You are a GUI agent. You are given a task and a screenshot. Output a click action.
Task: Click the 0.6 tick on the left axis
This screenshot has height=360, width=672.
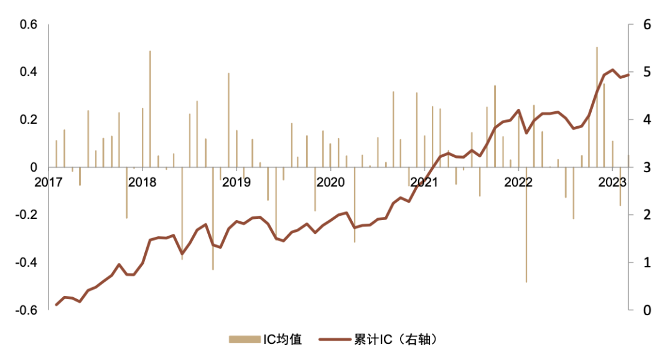pyautogui.click(x=29, y=25)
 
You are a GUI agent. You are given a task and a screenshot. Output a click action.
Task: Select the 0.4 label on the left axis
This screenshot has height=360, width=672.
pyautogui.click(x=29, y=72)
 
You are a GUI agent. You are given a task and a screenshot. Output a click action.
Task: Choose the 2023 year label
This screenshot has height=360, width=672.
pyautogui.click(x=612, y=182)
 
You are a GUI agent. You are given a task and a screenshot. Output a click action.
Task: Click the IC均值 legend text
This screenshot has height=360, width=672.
pyautogui.click(x=282, y=339)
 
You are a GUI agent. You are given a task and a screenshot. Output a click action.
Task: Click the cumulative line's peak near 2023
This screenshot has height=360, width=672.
pyautogui.click(x=612, y=70)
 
